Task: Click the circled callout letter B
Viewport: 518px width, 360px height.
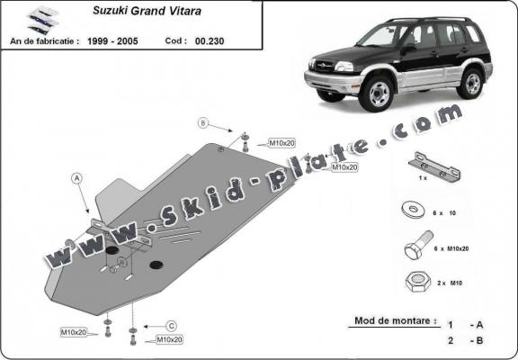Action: [x=203, y=122]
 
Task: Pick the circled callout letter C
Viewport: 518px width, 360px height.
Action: [x=170, y=325]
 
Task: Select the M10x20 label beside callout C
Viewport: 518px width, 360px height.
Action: [x=169, y=340]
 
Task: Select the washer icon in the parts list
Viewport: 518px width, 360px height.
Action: [x=415, y=212]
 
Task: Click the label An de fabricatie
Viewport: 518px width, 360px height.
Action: [x=44, y=40]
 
